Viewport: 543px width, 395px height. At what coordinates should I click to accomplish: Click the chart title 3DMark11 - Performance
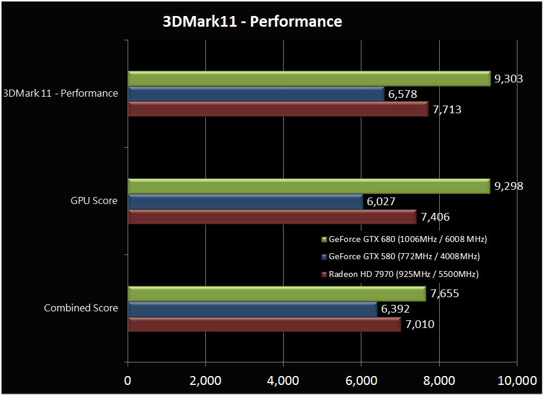pos(253,22)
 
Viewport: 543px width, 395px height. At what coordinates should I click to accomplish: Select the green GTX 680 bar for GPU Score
pos(309,186)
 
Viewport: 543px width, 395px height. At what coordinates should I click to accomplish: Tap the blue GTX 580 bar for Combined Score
pos(252,309)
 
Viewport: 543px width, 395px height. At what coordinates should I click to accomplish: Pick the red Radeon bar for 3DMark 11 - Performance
pos(278,109)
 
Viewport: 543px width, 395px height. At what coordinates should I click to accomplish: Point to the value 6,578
pos(402,94)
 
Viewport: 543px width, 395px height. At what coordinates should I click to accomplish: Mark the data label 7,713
pos(446,109)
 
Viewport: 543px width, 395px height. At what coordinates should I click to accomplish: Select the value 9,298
pos(509,186)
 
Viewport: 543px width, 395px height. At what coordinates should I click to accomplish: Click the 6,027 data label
pos(381,202)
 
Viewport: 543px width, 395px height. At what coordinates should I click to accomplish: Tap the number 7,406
pos(435,217)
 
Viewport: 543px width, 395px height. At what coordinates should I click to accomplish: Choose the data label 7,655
pos(444,294)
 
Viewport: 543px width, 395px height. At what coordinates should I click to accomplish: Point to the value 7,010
pos(419,324)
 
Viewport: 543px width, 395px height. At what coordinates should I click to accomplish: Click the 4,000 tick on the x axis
pos(283,380)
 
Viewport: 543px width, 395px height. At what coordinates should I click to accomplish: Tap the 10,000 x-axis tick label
pos(516,380)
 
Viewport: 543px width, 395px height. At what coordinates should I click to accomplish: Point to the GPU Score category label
pos(94,200)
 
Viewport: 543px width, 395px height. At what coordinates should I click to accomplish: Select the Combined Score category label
pos(81,308)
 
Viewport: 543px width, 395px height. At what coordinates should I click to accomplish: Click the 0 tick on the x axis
pos(128,380)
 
